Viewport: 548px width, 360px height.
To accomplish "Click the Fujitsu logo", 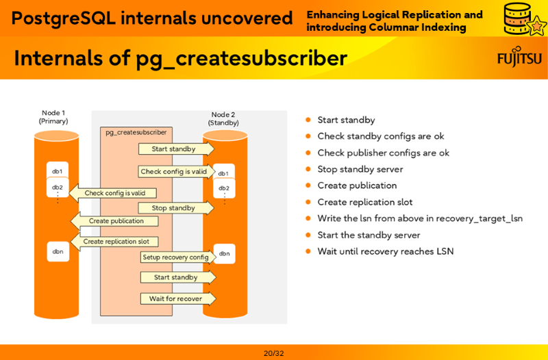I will coord(519,58).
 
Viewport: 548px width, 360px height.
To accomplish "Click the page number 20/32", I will coord(273,353).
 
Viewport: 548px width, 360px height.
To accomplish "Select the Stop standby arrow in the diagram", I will coord(175,208).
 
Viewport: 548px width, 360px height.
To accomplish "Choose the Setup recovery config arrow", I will coord(177,257).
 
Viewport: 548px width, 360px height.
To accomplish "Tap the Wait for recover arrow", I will coord(177,298).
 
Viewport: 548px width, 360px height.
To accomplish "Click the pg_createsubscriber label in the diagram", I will coord(136,132).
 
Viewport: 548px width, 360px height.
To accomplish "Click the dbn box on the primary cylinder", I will coord(58,251).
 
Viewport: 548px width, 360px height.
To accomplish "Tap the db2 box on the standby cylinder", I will coord(224,188).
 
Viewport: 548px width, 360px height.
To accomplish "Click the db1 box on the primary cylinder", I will coord(58,171).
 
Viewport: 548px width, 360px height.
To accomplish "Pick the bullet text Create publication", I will coord(357,185).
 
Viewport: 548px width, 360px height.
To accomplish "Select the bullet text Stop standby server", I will coord(360,169).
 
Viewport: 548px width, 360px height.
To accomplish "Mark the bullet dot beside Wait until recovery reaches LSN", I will coord(308,251).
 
